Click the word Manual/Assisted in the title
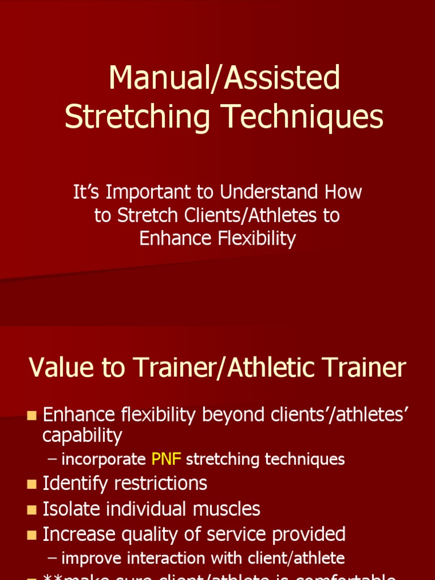point(224,78)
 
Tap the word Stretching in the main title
point(135,117)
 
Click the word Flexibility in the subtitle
point(256,238)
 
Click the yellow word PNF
point(166,459)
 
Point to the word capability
point(82,436)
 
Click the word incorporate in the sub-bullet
point(103,459)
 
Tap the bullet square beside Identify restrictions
point(32,484)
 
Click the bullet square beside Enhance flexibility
point(32,416)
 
